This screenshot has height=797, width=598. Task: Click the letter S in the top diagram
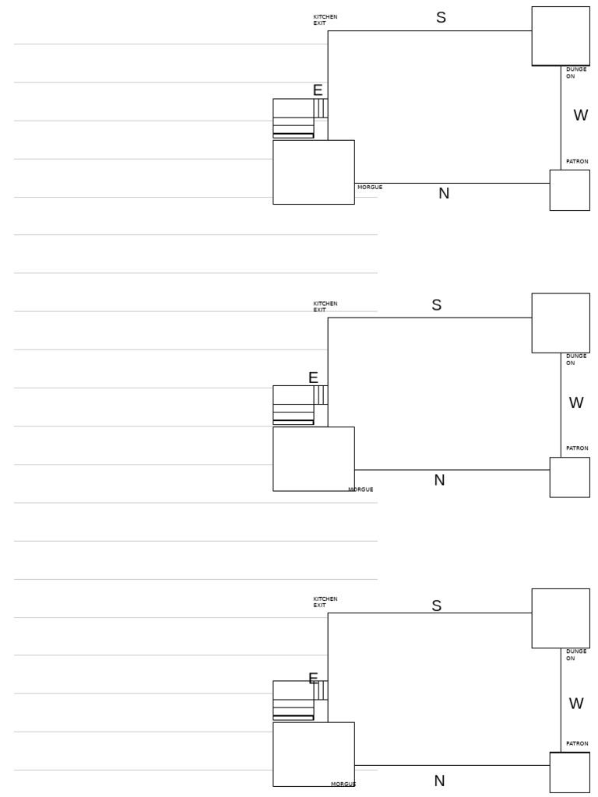[x=441, y=18]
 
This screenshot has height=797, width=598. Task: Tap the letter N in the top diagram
[x=444, y=194]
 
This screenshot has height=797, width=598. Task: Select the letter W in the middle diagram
[x=576, y=403]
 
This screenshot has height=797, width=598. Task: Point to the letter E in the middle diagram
[x=313, y=378]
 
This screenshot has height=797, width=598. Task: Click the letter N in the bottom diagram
[x=439, y=781]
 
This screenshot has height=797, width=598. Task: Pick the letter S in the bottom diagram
[x=436, y=606]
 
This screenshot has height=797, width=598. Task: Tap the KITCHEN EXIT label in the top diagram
[x=325, y=20]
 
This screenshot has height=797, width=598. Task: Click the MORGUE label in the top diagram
[x=370, y=188]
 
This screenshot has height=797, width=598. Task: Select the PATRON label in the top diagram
[x=577, y=162]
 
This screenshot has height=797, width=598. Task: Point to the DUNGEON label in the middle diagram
[x=576, y=360]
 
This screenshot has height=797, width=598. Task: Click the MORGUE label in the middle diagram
[x=361, y=490]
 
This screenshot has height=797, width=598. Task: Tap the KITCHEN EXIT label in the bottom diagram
[x=325, y=602]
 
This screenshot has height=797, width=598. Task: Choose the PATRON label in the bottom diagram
[x=577, y=744]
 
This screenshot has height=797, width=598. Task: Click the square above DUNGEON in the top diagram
[x=561, y=36]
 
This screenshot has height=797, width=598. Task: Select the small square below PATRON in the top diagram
[x=569, y=190]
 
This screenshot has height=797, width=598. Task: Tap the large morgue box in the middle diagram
[x=313, y=458]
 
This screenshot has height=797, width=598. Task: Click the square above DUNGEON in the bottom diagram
[x=561, y=618]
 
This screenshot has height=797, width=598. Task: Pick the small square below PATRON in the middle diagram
[x=569, y=477]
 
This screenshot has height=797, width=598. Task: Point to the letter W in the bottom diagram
[x=576, y=704]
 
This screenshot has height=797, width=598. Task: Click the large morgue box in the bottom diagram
[x=313, y=754]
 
